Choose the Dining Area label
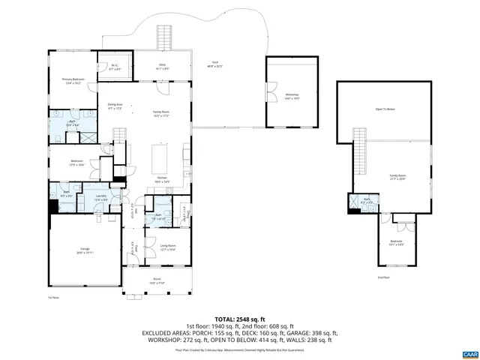114,107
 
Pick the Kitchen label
162,180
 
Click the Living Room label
167,247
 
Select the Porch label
157,281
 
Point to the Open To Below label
385,109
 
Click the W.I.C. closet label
115,67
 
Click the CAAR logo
469,353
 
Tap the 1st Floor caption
52,298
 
